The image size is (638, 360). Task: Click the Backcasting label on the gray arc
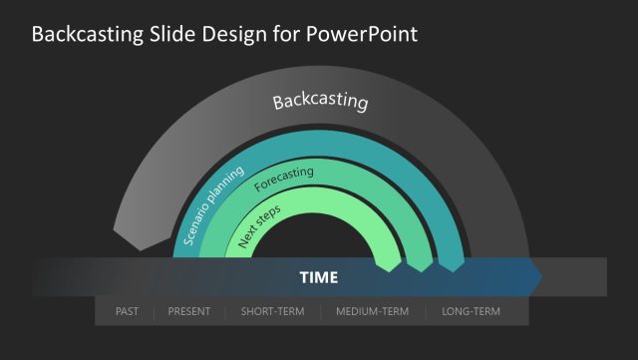320,102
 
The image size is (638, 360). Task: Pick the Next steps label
259,226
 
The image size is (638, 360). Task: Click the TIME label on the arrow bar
319,277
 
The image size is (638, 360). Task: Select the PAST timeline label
127,312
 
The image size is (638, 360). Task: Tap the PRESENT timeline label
189,312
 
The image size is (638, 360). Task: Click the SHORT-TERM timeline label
272,312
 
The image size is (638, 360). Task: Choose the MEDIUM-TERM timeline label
373,312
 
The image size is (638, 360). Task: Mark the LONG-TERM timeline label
471,312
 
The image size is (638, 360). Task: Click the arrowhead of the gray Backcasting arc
129,240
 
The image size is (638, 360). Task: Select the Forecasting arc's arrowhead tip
419,265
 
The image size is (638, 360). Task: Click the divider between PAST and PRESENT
155,312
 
